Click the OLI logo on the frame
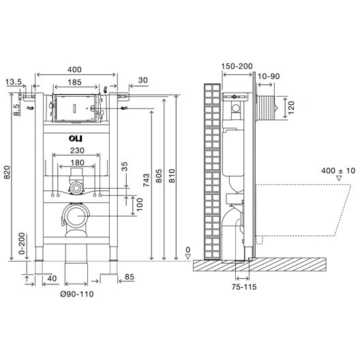tap(76, 138)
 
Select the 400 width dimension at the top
tap(74, 70)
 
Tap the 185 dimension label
tap(74, 82)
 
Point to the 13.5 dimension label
tap(14, 82)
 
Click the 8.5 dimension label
tap(16, 110)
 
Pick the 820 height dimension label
tap(7, 172)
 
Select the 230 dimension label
tap(77, 151)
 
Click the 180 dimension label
tap(77, 162)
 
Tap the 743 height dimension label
tap(146, 181)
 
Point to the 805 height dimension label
tap(159, 176)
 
